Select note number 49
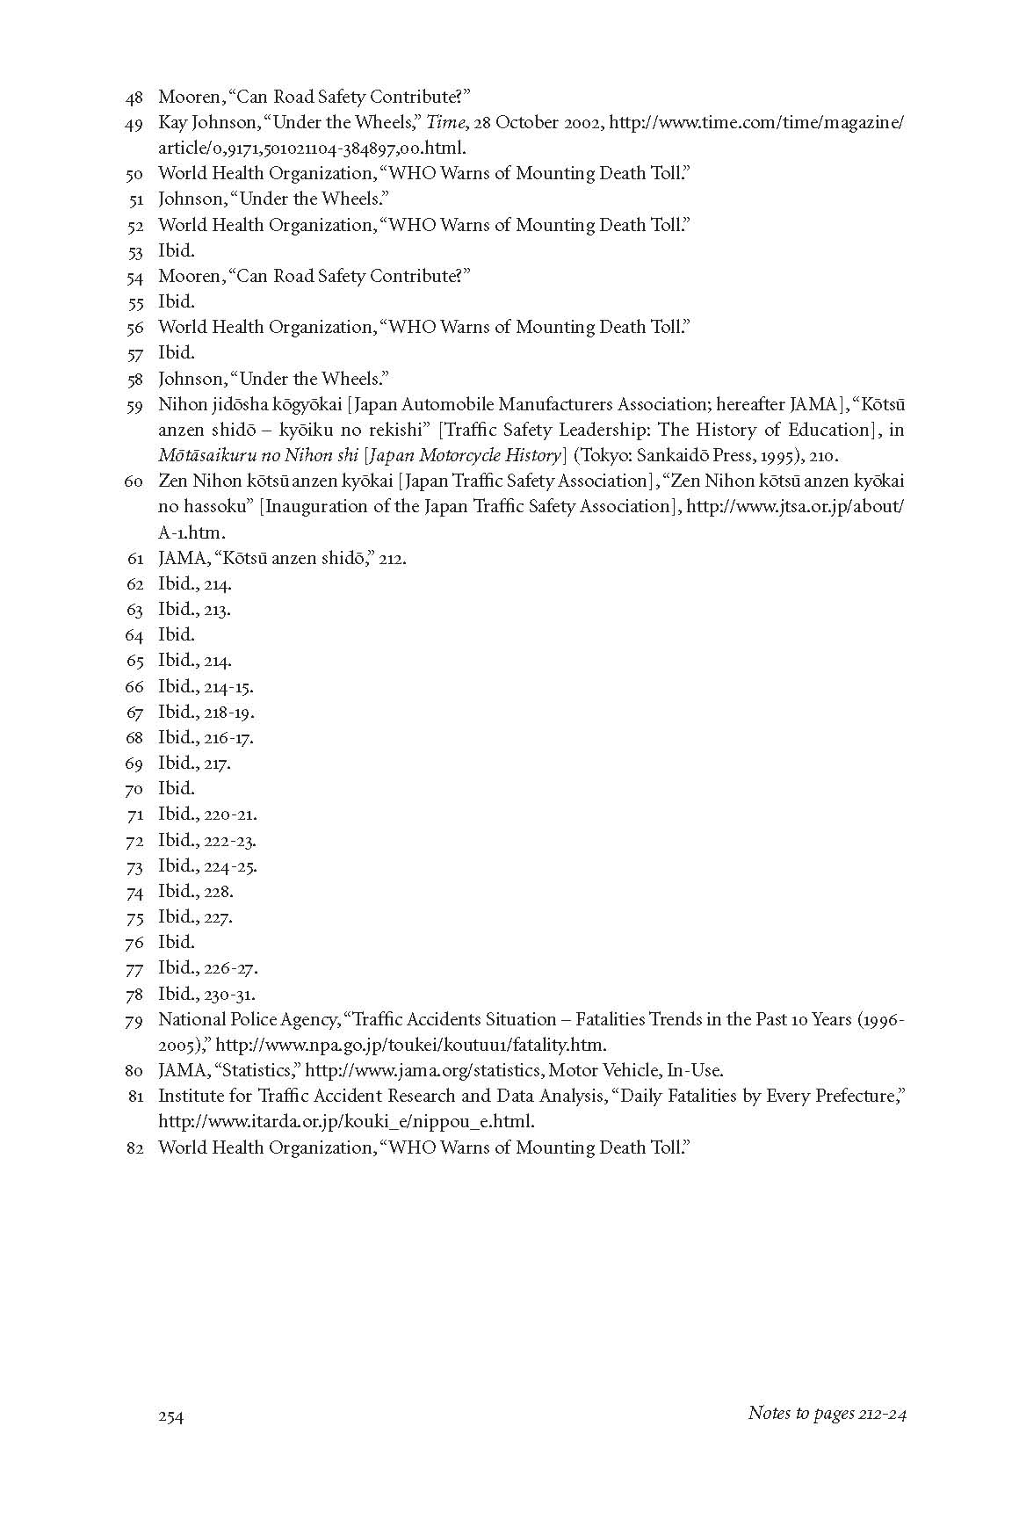coord(134,124)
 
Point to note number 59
coord(134,406)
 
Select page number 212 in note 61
coord(392,558)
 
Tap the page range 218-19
coord(229,712)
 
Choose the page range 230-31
coord(229,994)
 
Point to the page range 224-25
coord(230,866)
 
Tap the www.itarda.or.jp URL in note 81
coord(346,1122)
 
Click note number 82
coord(134,1148)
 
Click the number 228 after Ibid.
coord(219,892)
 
